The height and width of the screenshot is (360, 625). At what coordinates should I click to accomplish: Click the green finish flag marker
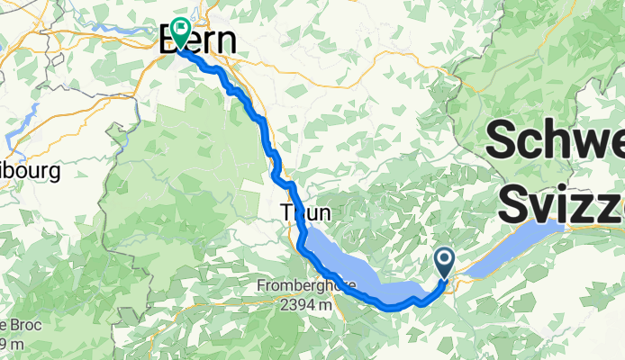180,32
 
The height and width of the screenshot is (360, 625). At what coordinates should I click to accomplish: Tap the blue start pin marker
445,263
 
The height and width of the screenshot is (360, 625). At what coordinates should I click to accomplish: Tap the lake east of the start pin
522,239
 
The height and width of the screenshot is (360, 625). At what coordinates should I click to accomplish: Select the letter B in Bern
171,40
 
